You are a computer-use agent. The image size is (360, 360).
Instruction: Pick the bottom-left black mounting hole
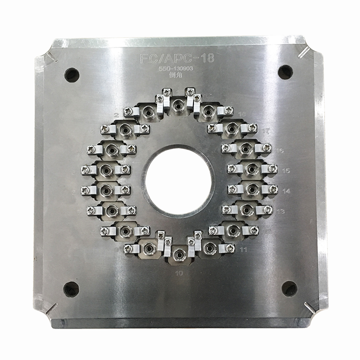(71, 288)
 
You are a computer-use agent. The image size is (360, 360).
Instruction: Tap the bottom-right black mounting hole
(289, 288)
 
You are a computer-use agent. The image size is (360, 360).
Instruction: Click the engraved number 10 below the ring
(179, 274)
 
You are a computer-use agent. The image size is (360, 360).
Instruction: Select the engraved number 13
(281, 211)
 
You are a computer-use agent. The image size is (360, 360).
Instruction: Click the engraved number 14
(286, 191)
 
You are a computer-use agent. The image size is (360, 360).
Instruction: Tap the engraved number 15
(286, 170)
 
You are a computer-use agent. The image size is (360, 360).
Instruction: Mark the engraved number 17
(267, 130)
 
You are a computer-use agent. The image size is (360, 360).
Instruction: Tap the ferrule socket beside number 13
(246, 210)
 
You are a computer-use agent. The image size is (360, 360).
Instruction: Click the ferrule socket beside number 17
(232, 128)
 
